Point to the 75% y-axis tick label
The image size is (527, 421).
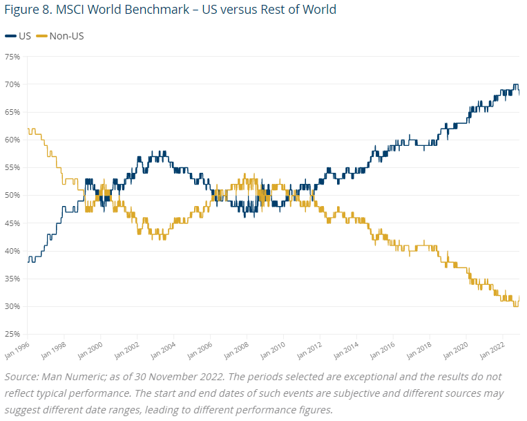[x=12, y=57]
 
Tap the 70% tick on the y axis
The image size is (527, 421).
[x=12, y=84]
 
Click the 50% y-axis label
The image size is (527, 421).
[x=12, y=196]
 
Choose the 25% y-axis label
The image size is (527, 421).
[x=12, y=334]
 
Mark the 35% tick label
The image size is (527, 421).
[x=12, y=279]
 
